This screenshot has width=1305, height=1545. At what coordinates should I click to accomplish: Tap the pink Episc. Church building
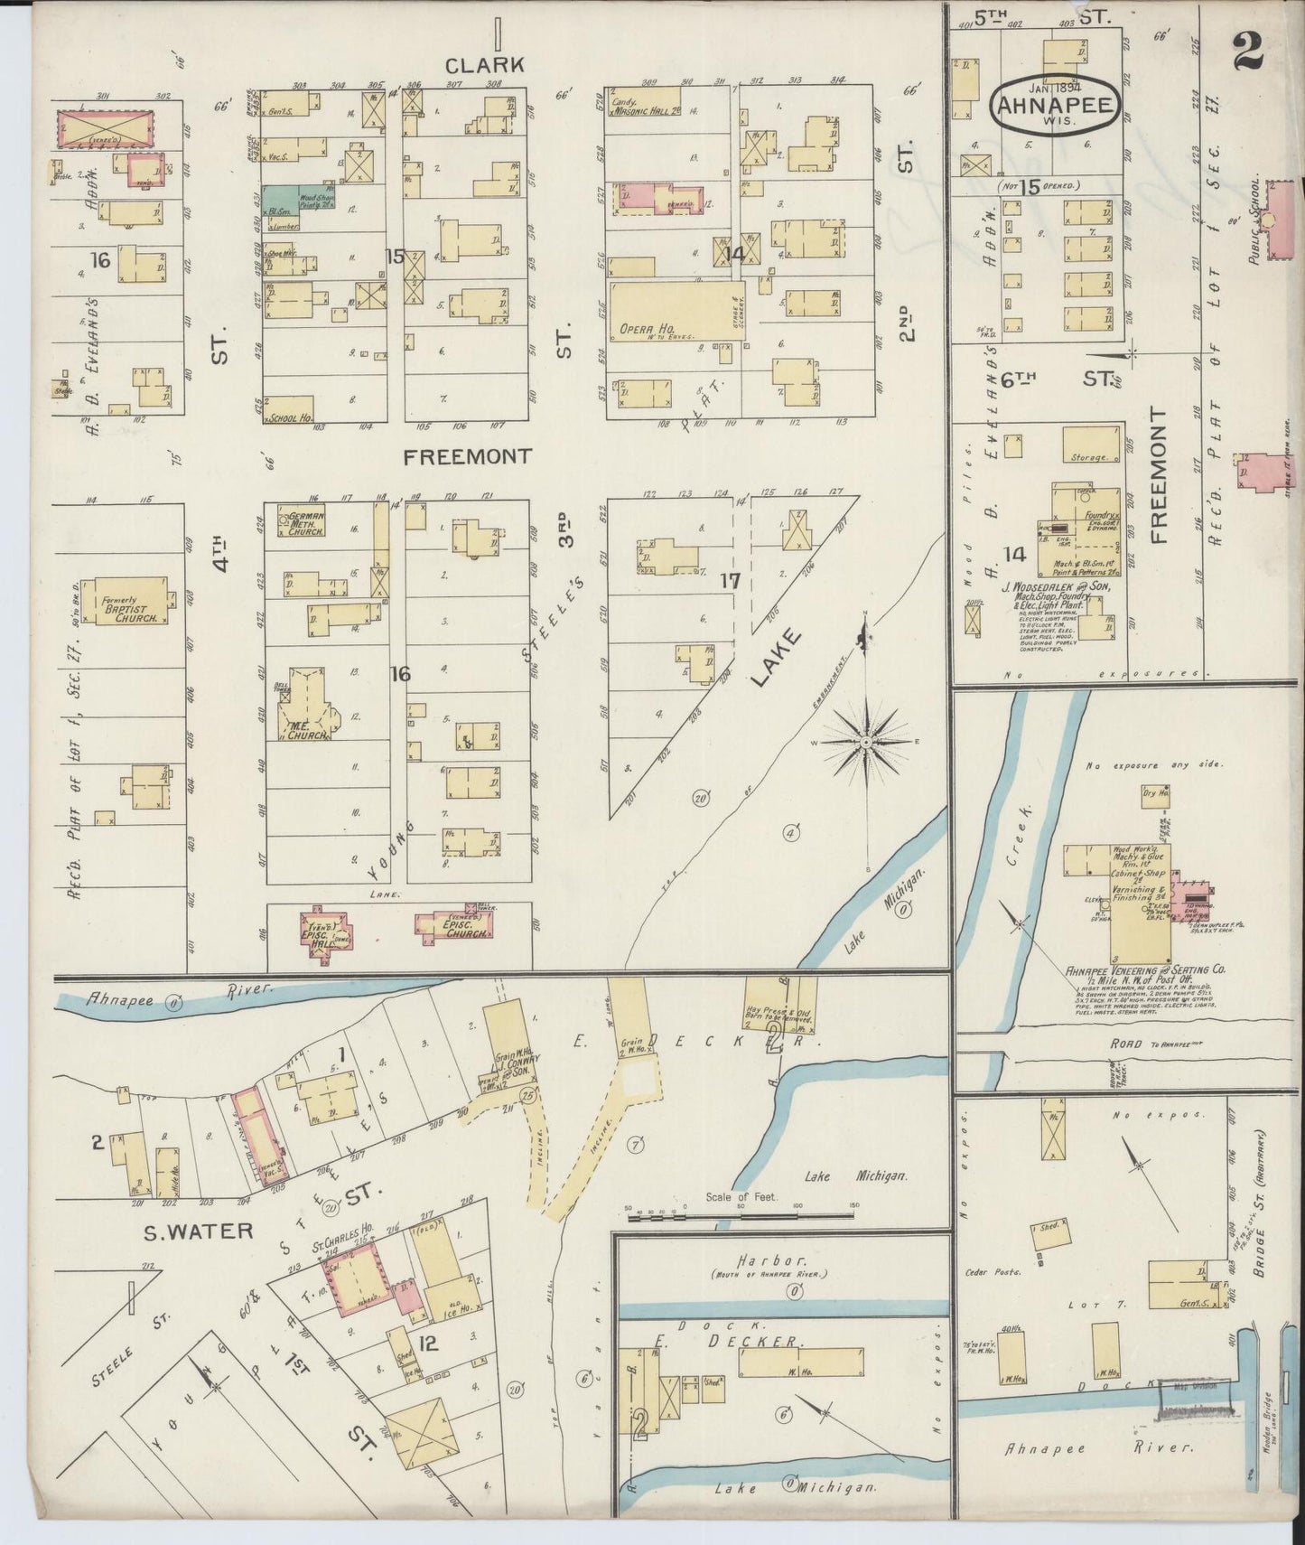point(457,926)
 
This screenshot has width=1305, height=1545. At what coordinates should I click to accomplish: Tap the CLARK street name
point(484,65)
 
